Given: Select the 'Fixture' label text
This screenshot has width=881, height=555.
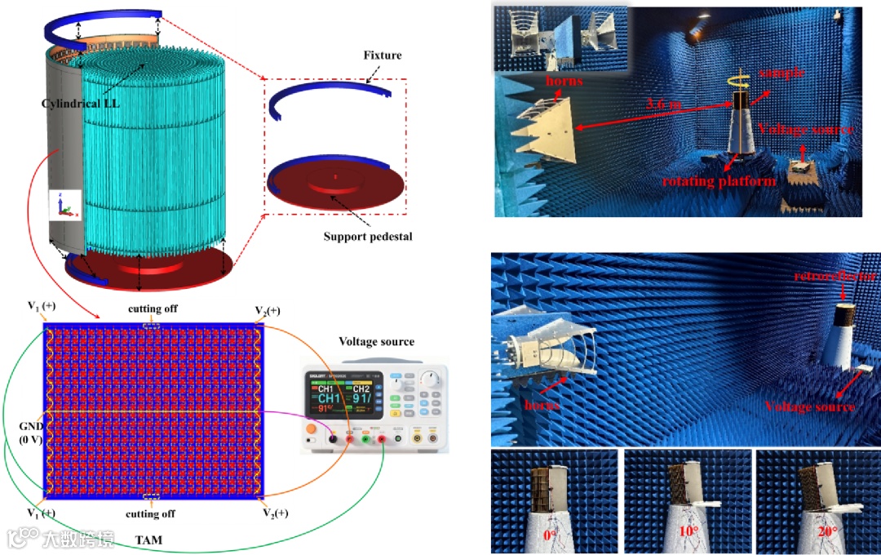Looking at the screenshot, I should tap(383, 55).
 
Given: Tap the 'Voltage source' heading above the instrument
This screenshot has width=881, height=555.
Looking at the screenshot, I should tap(376, 342).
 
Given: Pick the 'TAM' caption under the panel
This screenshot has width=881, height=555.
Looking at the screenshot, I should tap(148, 540).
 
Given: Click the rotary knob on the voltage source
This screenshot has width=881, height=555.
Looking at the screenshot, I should tap(430, 377).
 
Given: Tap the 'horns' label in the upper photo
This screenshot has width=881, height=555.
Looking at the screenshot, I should tap(564, 82).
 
